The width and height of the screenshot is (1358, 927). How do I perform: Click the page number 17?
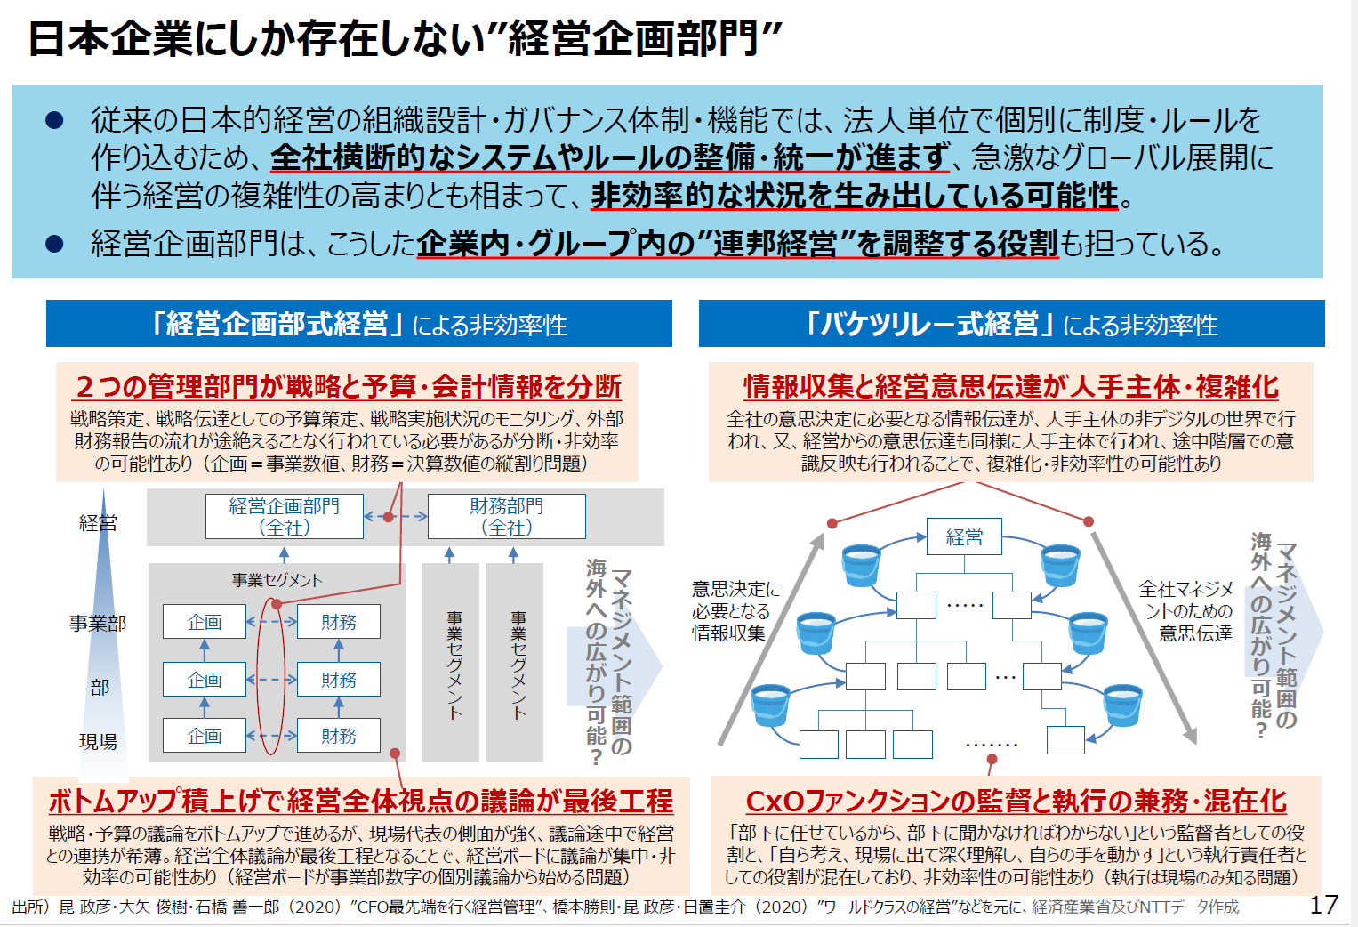click(1323, 905)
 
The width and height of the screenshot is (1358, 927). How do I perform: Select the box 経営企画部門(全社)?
click(285, 516)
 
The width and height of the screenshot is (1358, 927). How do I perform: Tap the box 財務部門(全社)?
click(507, 516)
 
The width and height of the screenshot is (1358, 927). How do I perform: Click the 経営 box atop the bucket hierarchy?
click(964, 536)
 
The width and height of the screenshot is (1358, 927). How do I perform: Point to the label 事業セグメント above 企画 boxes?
click(277, 580)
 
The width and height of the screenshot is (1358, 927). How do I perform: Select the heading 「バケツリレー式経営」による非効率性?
click(1011, 324)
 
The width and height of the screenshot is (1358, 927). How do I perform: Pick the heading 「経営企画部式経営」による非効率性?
click(359, 324)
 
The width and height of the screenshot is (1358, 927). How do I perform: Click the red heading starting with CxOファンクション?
click(1016, 801)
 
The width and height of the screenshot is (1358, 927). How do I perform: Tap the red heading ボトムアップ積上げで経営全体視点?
click(361, 801)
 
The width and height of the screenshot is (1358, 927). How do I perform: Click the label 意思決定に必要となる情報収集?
click(735, 610)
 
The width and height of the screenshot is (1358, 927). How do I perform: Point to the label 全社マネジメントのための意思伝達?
click(1185, 610)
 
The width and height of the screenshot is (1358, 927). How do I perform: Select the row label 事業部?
click(98, 623)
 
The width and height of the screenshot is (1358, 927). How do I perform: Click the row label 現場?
click(98, 741)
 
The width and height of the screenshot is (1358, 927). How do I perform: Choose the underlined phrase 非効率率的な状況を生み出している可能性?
click(855, 195)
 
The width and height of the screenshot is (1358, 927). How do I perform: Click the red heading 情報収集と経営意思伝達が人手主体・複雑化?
click(1011, 386)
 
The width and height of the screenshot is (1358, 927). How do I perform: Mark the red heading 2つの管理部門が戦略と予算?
click(348, 386)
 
